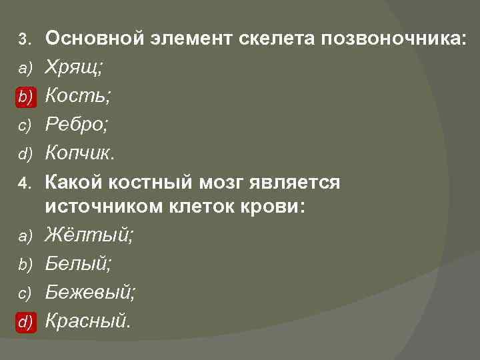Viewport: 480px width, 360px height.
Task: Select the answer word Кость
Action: pos(77,96)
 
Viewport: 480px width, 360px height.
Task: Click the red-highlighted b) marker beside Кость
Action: pos(25,97)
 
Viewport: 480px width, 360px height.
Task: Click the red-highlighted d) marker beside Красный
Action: pos(25,322)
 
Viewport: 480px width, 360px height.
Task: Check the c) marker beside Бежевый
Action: pos(24,293)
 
